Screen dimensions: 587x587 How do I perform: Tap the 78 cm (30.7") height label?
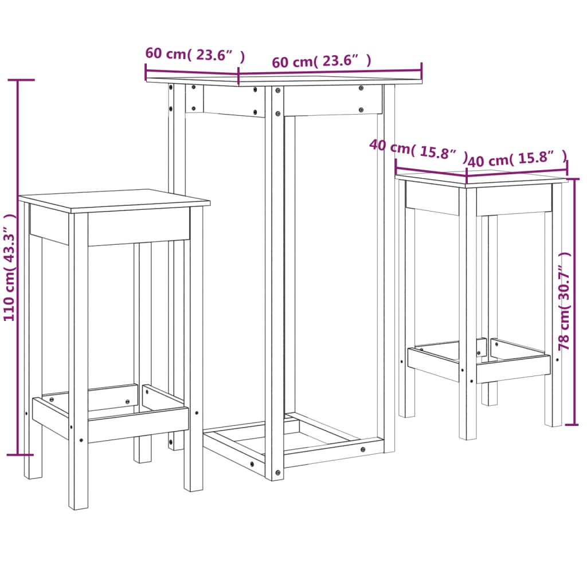[565, 301]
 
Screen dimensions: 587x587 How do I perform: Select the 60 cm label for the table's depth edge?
[195, 54]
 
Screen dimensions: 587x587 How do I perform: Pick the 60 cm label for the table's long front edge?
[322, 61]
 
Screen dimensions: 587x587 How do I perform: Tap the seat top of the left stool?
[115, 199]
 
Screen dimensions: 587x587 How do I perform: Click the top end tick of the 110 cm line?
[18, 80]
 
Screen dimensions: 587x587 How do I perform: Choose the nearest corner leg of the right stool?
[468, 315]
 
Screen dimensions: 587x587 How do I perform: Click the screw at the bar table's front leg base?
[278, 473]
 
